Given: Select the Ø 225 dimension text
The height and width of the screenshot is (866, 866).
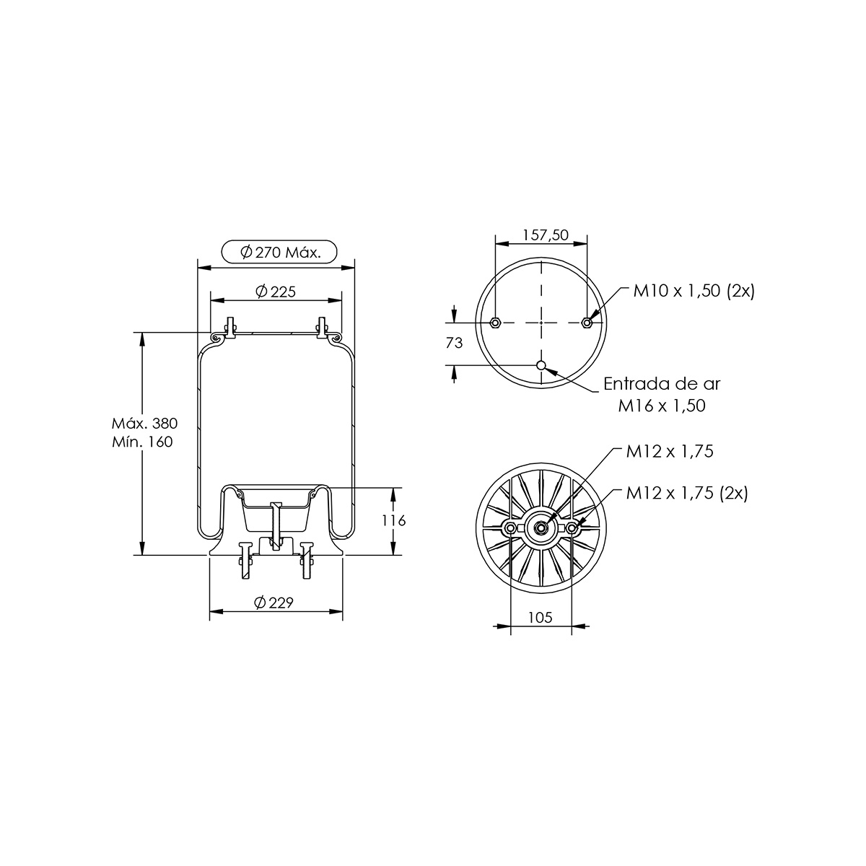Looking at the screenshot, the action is click(276, 292).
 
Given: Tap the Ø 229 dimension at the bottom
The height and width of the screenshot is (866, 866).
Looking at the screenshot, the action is click(274, 602).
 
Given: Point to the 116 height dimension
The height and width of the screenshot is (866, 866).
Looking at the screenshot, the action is click(394, 520).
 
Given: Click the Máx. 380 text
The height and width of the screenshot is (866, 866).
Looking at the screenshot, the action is click(145, 423).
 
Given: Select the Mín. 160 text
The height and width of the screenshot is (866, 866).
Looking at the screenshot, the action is click(142, 442).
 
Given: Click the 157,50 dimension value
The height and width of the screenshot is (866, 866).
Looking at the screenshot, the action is click(546, 235).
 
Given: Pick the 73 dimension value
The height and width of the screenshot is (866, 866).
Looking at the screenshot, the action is click(455, 343).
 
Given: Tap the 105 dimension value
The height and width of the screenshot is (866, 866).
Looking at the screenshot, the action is click(541, 618).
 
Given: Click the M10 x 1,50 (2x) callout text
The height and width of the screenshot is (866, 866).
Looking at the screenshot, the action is click(694, 292).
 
